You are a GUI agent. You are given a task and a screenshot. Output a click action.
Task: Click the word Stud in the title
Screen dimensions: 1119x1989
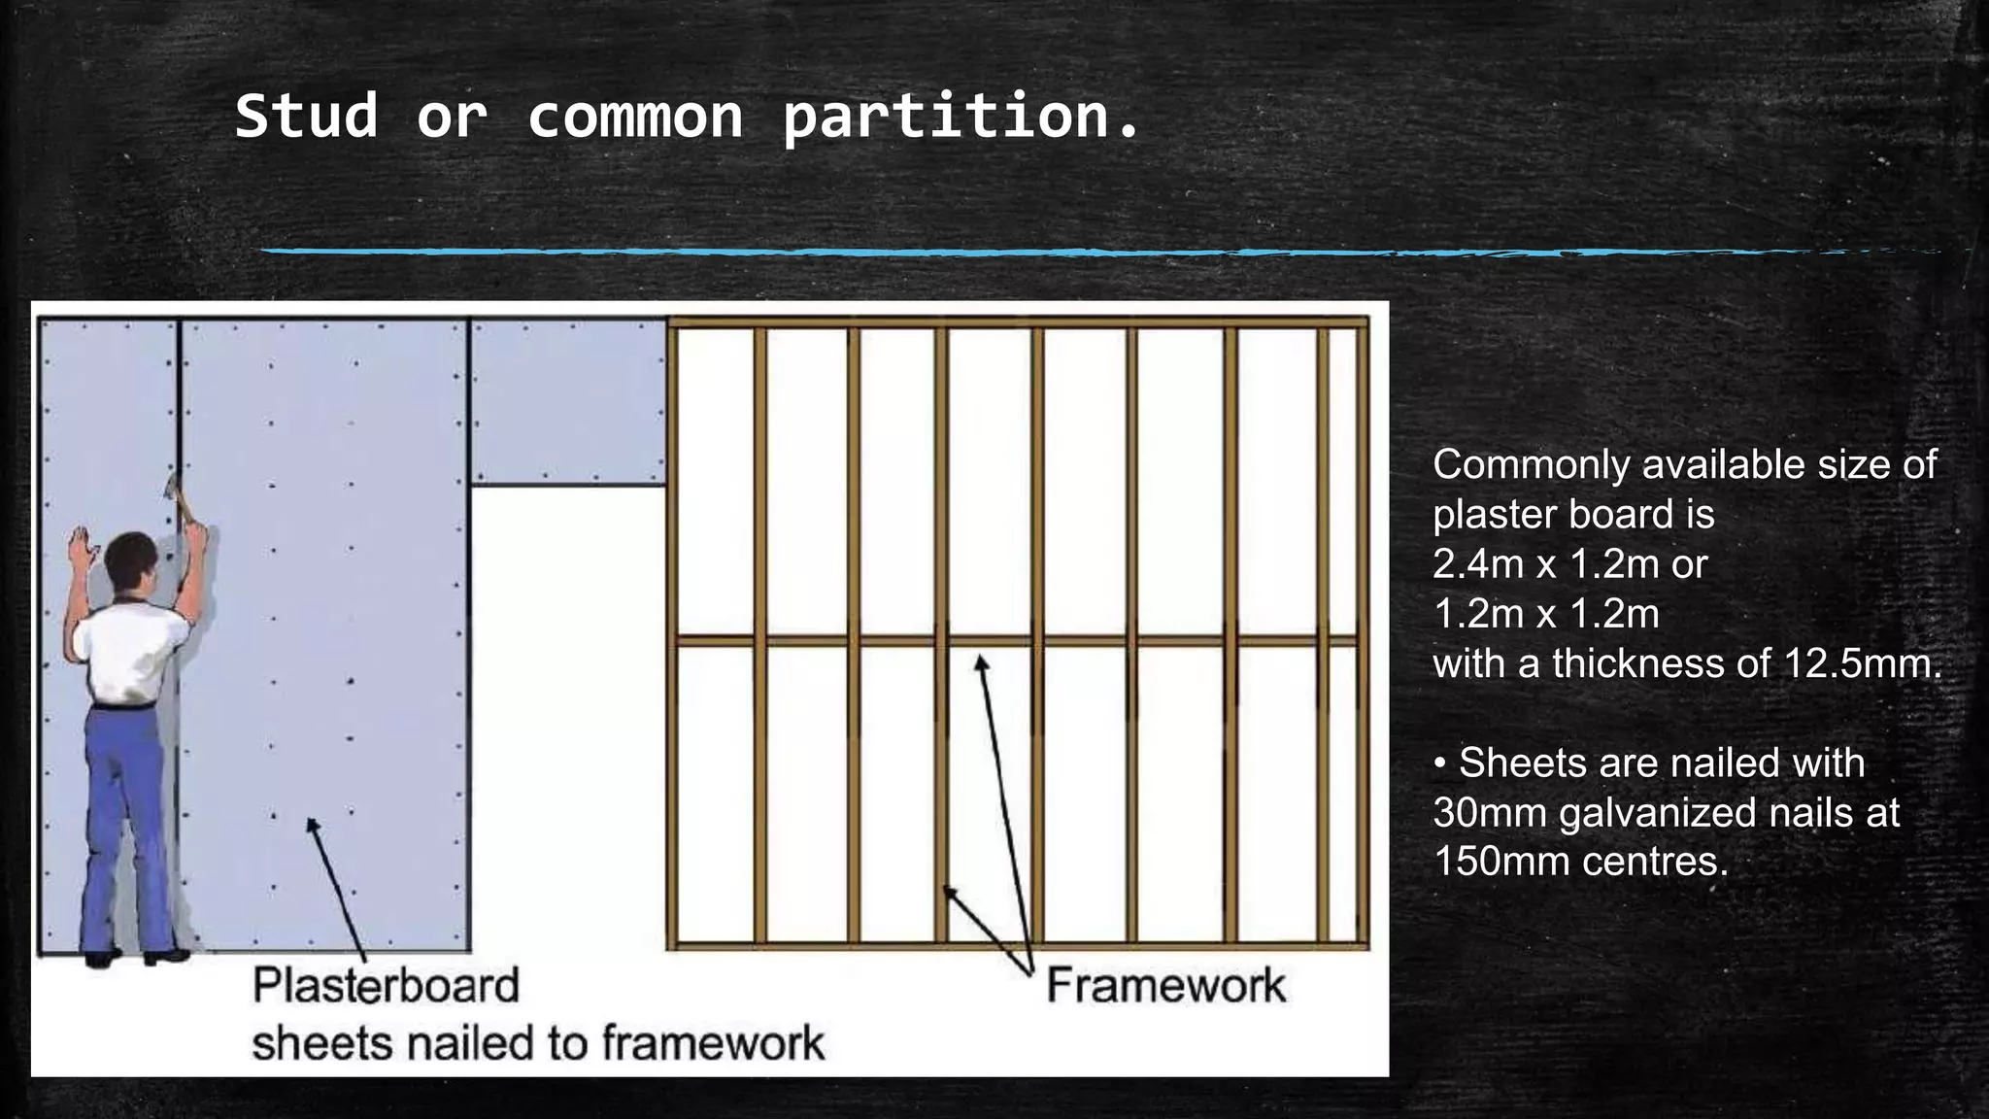(x=306, y=117)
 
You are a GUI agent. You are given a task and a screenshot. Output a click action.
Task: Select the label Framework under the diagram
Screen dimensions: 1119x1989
(x=1165, y=986)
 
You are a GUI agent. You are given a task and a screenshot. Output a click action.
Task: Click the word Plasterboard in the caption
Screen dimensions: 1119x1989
(x=386, y=986)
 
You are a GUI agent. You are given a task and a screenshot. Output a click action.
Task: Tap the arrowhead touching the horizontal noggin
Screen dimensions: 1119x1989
(x=981, y=662)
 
